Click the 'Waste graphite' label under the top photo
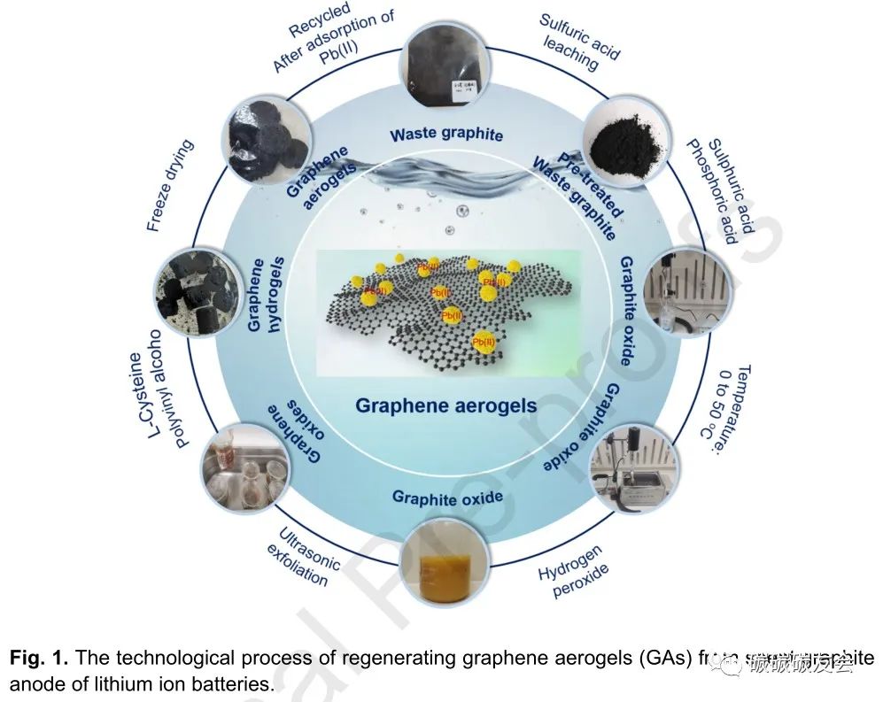[446, 135]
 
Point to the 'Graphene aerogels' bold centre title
[445, 405]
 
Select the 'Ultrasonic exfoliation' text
[300, 559]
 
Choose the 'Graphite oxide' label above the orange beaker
[447, 498]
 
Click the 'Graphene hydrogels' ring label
[263, 294]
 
